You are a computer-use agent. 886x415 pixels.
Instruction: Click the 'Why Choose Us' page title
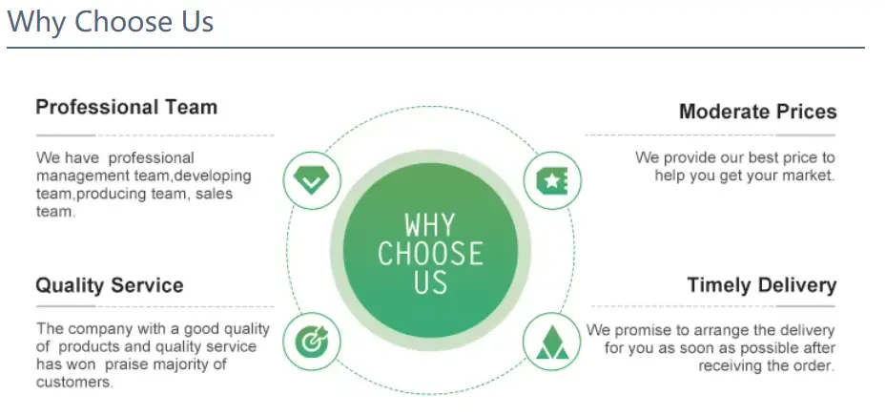(x=111, y=22)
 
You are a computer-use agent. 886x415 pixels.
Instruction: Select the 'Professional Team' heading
(x=127, y=107)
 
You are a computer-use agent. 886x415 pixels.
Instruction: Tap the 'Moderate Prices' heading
(x=758, y=112)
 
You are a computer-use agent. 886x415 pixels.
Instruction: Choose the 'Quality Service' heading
(x=110, y=285)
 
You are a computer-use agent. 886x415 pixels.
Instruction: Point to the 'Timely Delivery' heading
(x=762, y=285)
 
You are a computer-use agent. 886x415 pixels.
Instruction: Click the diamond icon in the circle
(x=311, y=180)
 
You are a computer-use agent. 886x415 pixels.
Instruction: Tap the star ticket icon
(x=552, y=181)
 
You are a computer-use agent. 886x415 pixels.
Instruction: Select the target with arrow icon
(x=311, y=342)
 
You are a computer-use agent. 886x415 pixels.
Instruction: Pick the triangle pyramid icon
(x=552, y=342)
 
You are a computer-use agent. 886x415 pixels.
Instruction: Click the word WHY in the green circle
(x=430, y=225)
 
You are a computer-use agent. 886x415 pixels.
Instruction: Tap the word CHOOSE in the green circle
(x=430, y=254)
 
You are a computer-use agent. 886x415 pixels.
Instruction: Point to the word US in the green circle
(x=430, y=281)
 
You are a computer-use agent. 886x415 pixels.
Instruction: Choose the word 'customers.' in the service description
(x=75, y=383)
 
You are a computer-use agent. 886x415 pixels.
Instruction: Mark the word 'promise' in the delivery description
(x=644, y=331)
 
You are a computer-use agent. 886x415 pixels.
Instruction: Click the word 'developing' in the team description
(x=214, y=176)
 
